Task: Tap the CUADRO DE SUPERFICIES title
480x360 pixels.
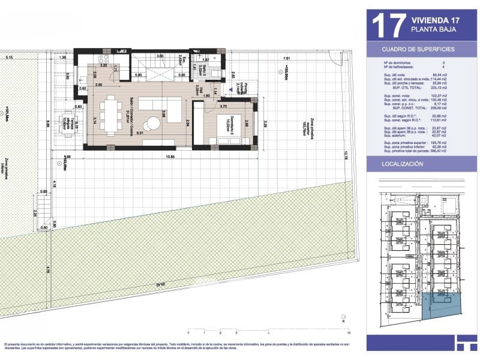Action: coord(418,49)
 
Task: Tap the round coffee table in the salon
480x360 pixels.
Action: coord(154,124)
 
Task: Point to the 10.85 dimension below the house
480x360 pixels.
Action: coord(170,157)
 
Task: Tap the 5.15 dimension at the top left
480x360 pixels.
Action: coord(9,58)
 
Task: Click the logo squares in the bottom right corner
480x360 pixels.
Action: coord(466,343)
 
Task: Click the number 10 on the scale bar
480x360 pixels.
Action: coord(348,332)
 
